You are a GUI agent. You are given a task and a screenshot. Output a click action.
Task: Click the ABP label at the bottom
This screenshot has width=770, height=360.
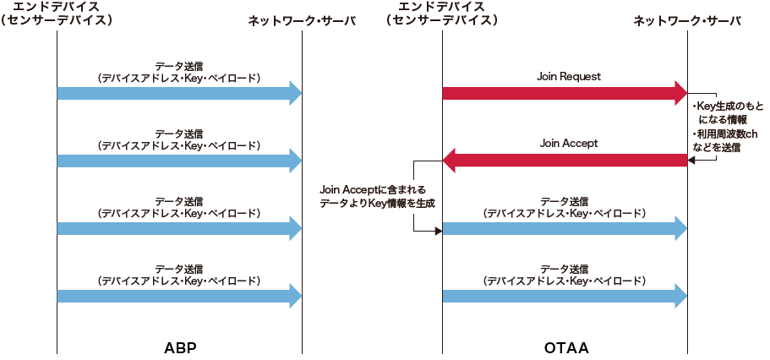point(180,347)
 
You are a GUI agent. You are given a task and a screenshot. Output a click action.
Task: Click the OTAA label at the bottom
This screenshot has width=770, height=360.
point(566,347)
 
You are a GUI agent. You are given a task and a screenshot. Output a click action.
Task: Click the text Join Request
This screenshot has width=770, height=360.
point(569,76)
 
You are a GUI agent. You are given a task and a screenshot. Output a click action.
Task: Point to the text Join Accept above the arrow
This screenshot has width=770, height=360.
point(569,144)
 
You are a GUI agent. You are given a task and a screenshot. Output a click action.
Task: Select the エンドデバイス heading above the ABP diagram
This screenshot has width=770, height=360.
point(57,8)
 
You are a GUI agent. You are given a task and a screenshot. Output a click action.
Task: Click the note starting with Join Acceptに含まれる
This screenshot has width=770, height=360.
point(372,196)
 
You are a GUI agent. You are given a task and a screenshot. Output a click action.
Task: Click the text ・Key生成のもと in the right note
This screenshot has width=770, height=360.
point(727,106)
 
